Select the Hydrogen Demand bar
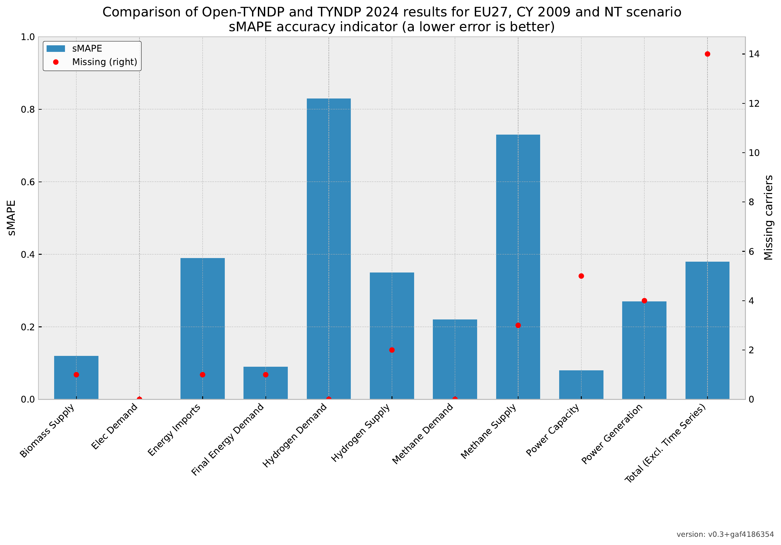pyautogui.click(x=328, y=249)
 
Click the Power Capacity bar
pyautogui.click(x=581, y=385)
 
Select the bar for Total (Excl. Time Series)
pyautogui.click(x=707, y=330)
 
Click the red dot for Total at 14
pyautogui.click(x=707, y=54)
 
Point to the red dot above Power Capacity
pyautogui.click(x=581, y=276)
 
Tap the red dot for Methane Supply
pyautogui.click(x=518, y=325)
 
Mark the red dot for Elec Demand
pyautogui.click(x=139, y=399)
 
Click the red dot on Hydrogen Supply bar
pyautogui.click(x=392, y=350)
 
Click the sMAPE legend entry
pyautogui.click(x=87, y=49)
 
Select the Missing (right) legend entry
pyautogui.click(x=104, y=62)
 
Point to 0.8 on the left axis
pyautogui.click(x=28, y=110)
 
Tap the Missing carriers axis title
pyautogui.click(x=769, y=218)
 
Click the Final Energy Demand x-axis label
pyautogui.click(x=228, y=440)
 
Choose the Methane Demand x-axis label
pyautogui.click(x=423, y=434)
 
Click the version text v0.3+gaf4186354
pyautogui.click(x=725, y=535)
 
